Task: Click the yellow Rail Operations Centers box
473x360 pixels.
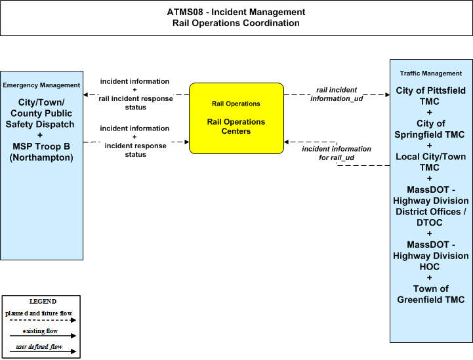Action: click(x=236, y=118)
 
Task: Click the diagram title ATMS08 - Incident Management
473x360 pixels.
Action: click(x=236, y=12)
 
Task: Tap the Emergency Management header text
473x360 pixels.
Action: click(x=41, y=85)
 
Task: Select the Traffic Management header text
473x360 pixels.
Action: click(x=431, y=73)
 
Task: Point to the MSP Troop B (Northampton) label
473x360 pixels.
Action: click(x=41, y=152)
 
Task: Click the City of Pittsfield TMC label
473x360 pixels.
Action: click(x=430, y=96)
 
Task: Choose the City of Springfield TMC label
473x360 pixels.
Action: click(x=430, y=129)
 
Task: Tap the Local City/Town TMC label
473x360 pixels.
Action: click(x=430, y=162)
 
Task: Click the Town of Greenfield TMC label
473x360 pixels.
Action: click(x=431, y=294)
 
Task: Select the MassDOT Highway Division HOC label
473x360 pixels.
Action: click(x=431, y=256)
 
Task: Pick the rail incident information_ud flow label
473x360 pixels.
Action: click(x=337, y=94)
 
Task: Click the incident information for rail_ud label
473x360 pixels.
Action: click(x=337, y=153)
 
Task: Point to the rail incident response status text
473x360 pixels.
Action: click(x=136, y=103)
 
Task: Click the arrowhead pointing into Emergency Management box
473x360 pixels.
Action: click(x=85, y=94)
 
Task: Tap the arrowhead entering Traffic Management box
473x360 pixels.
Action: click(x=388, y=94)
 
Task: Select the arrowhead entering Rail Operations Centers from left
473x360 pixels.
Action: click(x=187, y=142)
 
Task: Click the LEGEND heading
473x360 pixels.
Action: click(x=43, y=302)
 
